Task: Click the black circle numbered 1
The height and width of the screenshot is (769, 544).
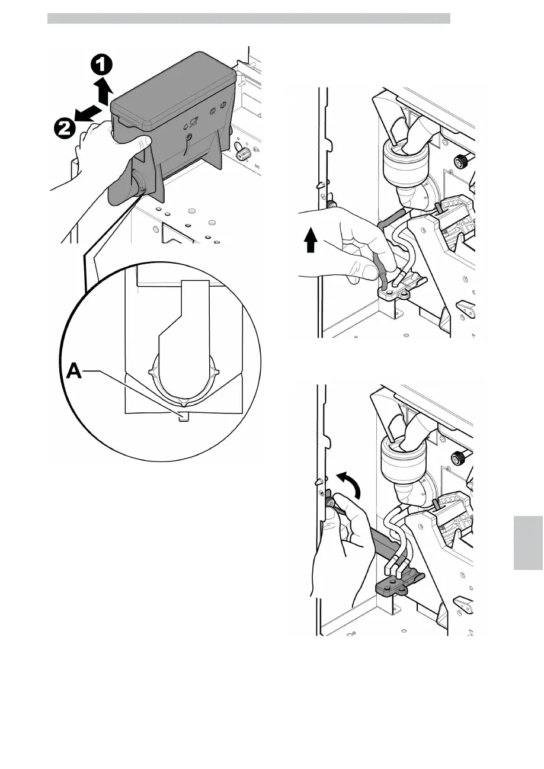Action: (x=103, y=64)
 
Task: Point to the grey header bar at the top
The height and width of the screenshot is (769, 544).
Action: (x=249, y=18)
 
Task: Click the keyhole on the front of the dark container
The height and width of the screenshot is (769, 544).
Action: (x=187, y=137)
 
